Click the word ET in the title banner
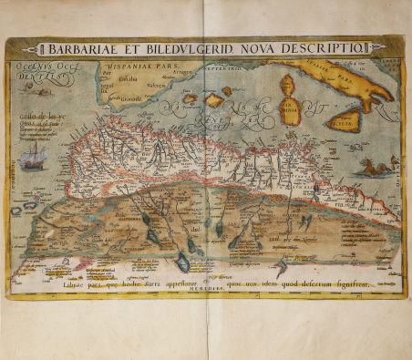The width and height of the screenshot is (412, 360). click(x=139, y=49)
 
